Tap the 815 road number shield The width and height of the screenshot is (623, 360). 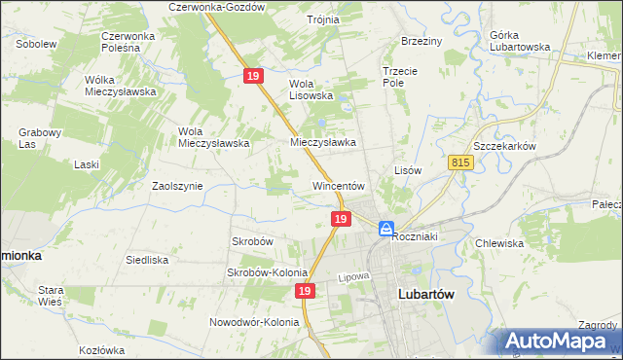(x=461, y=165)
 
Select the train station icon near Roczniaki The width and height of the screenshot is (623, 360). (x=386, y=229)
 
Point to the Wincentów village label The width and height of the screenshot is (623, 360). (x=338, y=185)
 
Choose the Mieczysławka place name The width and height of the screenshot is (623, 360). (x=323, y=142)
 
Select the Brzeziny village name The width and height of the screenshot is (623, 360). (x=421, y=41)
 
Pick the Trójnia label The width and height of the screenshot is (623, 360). (x=322, y=19)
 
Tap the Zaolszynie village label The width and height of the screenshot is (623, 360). (x=177, y=185)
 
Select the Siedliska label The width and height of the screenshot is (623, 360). (x=147, y=260)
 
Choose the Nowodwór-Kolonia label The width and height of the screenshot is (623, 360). (x=251, y=322)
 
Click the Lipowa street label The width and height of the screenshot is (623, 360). (x=355, y=277)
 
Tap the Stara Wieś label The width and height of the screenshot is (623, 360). (x=50, y=296)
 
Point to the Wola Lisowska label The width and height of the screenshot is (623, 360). (x=311, y=90)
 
